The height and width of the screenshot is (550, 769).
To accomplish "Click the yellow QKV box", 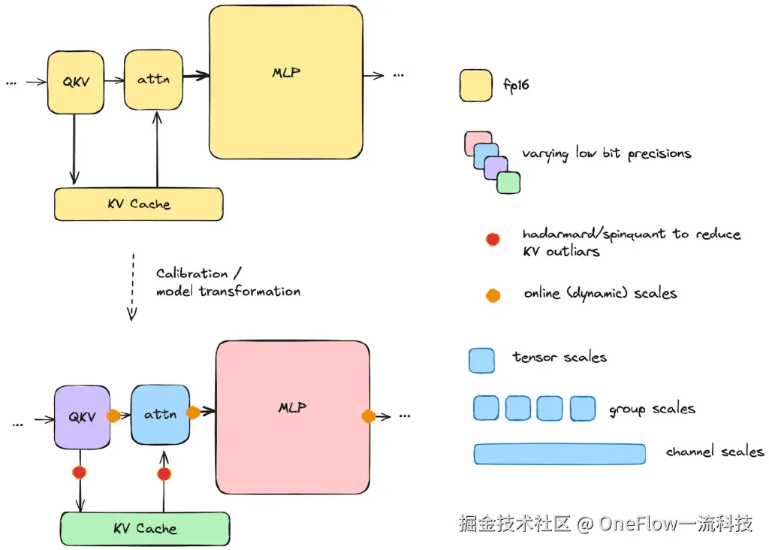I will (76, 82).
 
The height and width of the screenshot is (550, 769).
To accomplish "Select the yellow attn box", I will (154, 79).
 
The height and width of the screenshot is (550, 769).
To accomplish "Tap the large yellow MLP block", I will (286, 82).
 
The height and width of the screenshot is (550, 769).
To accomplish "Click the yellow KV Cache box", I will (139, 204).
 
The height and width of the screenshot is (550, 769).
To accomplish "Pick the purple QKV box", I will (82, 417).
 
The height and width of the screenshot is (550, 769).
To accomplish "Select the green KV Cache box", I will (145, 528).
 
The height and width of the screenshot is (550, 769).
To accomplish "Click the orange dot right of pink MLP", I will (369, 416).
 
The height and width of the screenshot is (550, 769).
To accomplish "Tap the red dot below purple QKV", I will (79, 473).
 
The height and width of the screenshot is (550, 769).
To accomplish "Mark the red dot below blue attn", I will (164, 474).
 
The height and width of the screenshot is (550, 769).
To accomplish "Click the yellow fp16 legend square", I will (475, 86).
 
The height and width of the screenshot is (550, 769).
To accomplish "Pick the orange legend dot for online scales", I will (493, 295).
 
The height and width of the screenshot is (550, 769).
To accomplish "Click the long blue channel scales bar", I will (559, 454).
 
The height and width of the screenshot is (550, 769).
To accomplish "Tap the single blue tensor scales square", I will (481, 360).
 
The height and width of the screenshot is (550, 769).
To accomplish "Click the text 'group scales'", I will (652, 409).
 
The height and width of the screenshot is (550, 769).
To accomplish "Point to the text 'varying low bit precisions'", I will (607, 154).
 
